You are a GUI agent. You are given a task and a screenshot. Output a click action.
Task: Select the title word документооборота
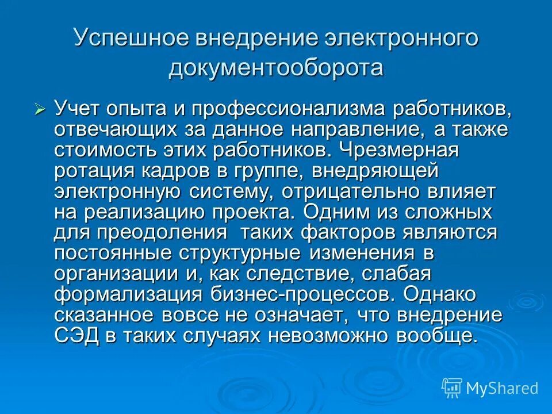pos(276,68)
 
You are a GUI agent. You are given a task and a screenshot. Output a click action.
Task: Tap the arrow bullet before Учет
pos(40,109)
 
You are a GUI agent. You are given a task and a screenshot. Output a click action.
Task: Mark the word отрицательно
pos(352,191)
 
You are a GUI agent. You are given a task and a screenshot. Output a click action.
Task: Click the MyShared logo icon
pos(452,388)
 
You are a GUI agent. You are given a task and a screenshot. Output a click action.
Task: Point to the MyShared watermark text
pos(502,388)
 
